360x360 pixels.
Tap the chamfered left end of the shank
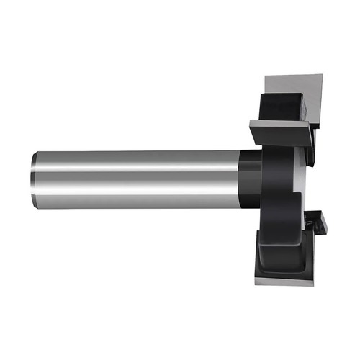33,179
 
